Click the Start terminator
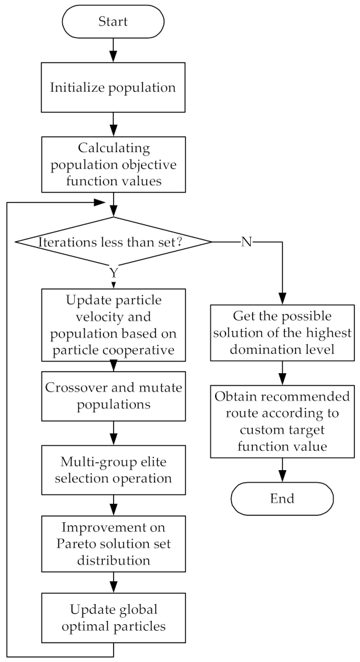tap(113, 21)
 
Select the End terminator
tap(282, 499)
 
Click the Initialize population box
tap(113, 87)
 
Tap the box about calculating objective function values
tap(113, 165)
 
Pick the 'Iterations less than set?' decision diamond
tap(113, 242)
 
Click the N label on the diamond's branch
tap(246, 242)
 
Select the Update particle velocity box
tap(113, 325)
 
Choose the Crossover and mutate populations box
tap(113, 396)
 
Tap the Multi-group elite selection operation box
tap(113, 470)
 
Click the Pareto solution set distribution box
tap(113, 544)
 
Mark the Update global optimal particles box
tap(113, 618)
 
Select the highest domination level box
tap(282, 333)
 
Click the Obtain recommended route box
tap(282, 421)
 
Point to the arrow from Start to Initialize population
tap(113, 50)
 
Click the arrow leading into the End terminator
tap(282, 470)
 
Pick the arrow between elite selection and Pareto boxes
tap(113, 505)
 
